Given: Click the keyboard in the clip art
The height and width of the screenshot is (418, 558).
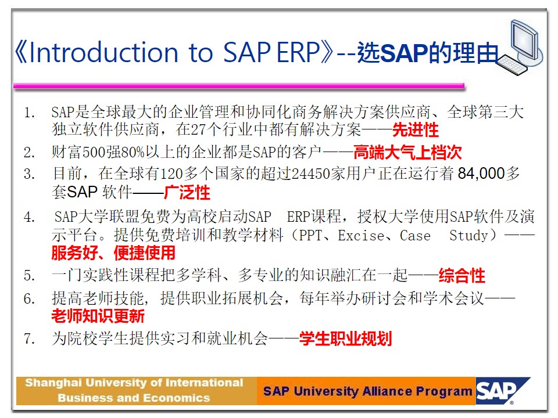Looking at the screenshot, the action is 513,64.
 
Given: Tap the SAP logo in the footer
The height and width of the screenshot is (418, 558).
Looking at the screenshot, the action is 502,391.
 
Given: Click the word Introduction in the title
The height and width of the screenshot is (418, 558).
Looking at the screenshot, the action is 103,53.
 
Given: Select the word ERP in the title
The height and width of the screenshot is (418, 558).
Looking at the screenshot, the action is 298,53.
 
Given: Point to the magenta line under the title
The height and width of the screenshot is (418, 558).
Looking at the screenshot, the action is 239,86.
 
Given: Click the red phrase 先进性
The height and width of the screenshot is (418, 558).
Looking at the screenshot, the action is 415,130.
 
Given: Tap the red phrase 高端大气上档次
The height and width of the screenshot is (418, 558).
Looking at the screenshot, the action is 407,153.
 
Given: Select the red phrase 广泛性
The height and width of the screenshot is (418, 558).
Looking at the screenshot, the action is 187,193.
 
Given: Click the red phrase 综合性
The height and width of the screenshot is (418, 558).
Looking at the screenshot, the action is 462,276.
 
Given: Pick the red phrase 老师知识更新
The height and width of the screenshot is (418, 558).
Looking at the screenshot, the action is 98,316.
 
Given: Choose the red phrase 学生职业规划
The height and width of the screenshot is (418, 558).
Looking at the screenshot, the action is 345,338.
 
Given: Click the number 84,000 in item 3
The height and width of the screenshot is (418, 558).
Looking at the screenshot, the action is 481,174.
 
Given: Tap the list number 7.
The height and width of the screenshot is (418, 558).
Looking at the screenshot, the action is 30,338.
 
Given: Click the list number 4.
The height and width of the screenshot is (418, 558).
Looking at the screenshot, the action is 30,217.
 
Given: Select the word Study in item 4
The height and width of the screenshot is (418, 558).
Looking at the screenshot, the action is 468,236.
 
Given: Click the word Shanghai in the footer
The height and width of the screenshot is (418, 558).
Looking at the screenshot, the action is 53,383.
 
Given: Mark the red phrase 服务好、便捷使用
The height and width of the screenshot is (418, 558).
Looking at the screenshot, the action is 113,253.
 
